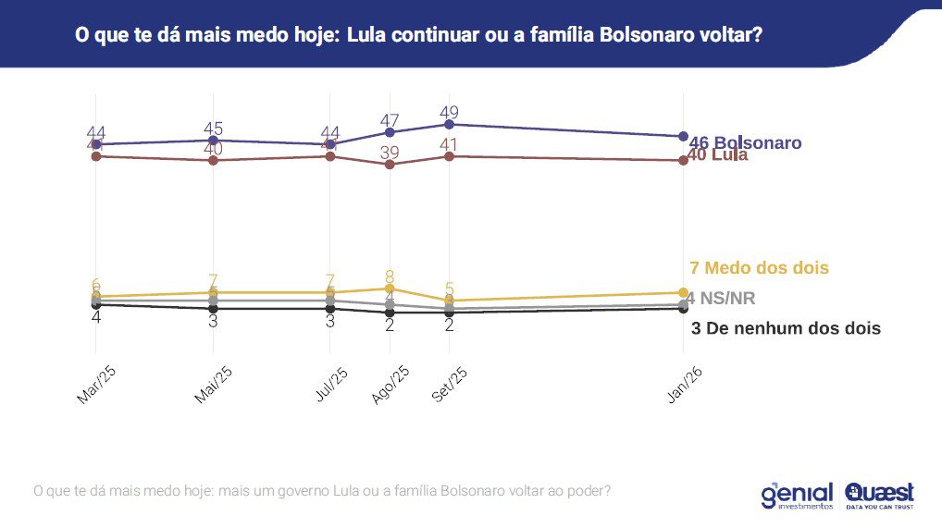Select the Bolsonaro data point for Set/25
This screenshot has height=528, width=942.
[449, 124]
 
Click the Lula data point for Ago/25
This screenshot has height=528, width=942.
[390, 165]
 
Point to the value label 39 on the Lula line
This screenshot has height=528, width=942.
[390, 152]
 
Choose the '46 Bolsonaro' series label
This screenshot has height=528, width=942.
[746, 143]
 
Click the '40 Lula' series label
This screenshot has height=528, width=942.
[718, 155]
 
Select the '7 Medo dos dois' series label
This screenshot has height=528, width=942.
[759, 268]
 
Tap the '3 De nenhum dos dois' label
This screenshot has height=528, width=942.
[786, 328]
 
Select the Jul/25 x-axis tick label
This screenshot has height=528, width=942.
[331, 383]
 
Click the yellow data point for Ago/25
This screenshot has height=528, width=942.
[390, 289]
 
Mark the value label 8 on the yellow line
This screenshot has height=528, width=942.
[390, 276]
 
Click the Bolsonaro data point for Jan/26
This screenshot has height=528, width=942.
[683, 136]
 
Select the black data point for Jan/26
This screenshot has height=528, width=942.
[683, 309]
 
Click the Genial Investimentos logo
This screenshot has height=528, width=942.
[797, 495]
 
